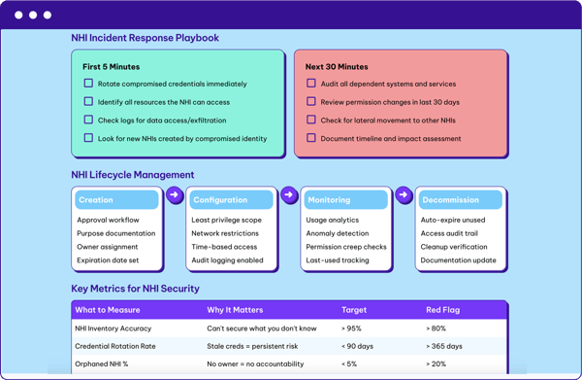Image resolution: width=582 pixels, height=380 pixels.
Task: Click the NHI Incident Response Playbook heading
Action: [145, 38]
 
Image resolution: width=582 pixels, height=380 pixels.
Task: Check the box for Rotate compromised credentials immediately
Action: [88, 84]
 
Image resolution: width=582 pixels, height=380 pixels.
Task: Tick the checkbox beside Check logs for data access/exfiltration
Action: [88, 121]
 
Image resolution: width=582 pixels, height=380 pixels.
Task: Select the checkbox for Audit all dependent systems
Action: [311, 84]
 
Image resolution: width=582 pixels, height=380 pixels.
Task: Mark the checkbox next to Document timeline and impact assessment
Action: [311, 138]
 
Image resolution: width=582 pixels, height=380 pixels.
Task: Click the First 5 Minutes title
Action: [111, 67]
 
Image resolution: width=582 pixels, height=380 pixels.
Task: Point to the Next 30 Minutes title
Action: [337, 67]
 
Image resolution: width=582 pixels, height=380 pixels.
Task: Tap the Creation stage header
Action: [116, 199]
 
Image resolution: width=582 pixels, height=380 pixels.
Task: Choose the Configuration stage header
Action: [231, 199]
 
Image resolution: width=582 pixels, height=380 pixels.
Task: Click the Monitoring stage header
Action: [345, 199]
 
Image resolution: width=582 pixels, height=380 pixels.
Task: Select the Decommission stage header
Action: [460, 199]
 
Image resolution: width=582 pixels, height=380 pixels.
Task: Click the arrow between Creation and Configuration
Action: [175, 195]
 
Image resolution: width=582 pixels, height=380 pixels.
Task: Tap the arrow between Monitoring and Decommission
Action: [404, 195]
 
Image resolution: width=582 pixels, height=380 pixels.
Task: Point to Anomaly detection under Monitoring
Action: [337, 233]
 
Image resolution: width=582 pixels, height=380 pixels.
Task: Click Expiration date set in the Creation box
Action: [108, 260]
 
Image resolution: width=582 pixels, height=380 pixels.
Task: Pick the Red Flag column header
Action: [444, 310]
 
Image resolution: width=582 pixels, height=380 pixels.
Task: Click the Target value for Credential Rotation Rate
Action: [360, 346]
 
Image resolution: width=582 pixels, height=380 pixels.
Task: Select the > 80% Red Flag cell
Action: [436, 328]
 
